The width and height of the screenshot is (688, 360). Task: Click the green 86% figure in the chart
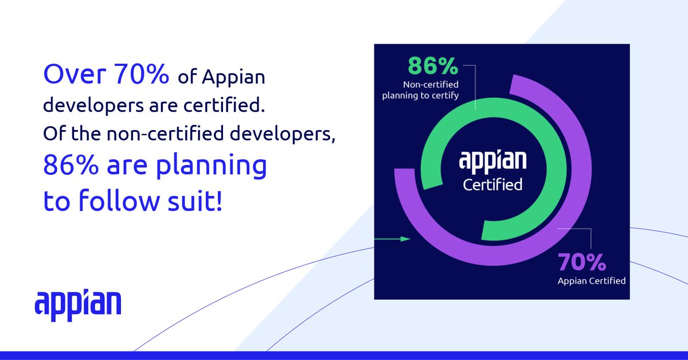pyautogui.click(x=433, y=66)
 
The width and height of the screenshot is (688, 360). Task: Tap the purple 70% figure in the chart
pyautogui.click(x=582, y=263)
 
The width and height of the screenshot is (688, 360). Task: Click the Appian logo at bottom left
pyautogui.click(x=78, y=303)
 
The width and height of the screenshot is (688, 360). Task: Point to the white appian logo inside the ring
pyautogui.click(x=492, y=162)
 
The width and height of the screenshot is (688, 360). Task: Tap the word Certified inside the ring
pyautogui.click(x=492, y=185)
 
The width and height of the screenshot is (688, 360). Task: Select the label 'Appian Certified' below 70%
pyautogui.click(x=591, y=281)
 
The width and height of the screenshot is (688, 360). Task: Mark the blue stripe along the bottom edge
pyautogui.click(x=344, y=355)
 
